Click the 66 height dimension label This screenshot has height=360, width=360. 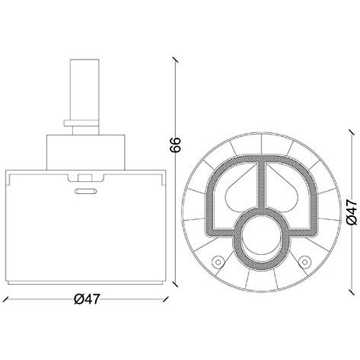coord(175,145)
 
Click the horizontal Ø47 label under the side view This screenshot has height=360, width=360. coord(86,299)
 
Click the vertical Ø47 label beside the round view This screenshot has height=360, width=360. coord(352,212)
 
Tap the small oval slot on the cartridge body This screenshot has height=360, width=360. coord(85,191)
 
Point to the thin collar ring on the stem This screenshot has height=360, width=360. coord(81,123)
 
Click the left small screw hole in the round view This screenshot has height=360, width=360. coord(218,262)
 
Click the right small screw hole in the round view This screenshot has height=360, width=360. coord(304,262)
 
